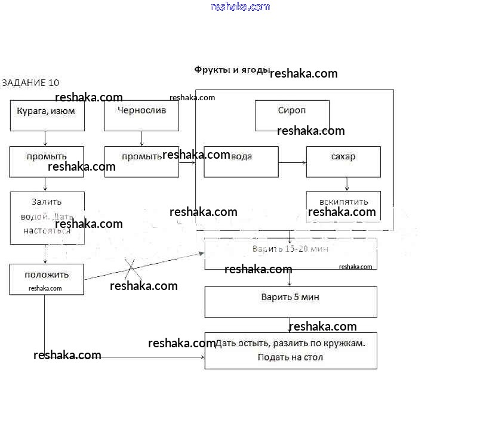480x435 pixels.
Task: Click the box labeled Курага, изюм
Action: (47, 115)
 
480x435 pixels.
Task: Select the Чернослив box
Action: (141, 115)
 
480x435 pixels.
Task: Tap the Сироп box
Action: (292, 115)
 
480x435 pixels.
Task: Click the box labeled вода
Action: (241, 162)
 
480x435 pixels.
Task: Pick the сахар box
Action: (343, 162)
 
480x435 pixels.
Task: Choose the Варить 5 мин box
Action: (291, 302)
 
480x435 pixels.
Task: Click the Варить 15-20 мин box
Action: (291, 254)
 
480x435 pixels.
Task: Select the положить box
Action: (47, 279)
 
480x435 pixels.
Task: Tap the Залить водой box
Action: (47, 217)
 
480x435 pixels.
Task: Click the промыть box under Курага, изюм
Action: (47, 162)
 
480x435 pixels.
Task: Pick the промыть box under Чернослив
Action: (141, 162)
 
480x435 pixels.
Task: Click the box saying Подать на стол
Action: (291, 351)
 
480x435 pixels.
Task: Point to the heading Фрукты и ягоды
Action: (232, 70)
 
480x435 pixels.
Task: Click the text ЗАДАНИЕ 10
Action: (31, 82)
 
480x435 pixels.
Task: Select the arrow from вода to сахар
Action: (292, 162)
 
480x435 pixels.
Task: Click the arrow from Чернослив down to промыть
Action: (141, 138)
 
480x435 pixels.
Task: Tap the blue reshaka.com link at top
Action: (241, 7)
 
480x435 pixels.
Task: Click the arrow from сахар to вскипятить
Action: (346, 184)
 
